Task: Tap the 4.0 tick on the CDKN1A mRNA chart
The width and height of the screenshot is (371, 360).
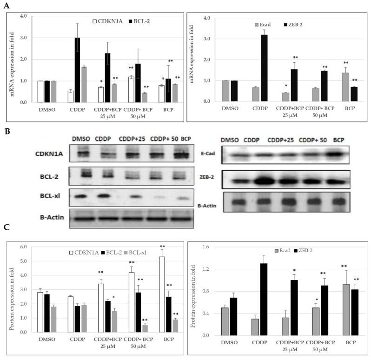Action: coord(21,16)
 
